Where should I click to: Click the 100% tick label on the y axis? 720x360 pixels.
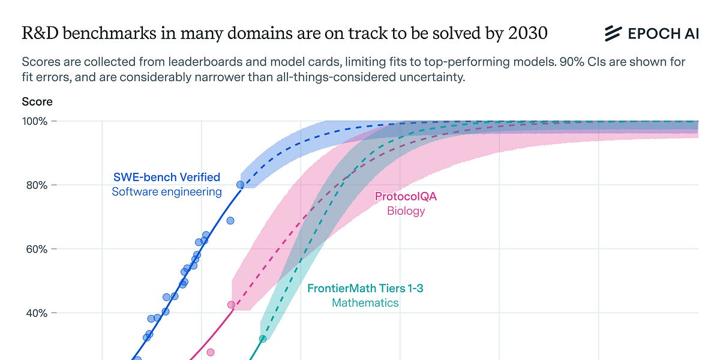tap(35, 121)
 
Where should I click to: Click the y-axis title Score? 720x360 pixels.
tap(37, 102)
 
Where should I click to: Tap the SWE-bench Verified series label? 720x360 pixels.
tap(167, 178)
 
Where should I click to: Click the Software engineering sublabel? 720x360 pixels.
tap(167, 193)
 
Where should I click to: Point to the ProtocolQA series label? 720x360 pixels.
tap(406, 196)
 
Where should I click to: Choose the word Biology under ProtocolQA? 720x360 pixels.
tap(406, 211)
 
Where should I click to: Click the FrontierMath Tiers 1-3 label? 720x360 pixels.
tap(365, 289)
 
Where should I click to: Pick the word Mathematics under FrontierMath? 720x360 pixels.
tap(365, 303)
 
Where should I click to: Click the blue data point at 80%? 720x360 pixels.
tap(240, 185)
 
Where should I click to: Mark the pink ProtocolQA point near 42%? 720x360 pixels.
tap(231, 305)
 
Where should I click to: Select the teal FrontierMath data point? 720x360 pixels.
tap(262, 339)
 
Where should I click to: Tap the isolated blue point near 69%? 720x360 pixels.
tap(230, 221)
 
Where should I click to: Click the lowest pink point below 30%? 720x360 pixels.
tap(211, 352)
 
